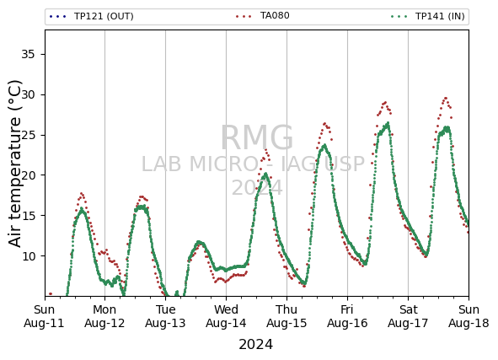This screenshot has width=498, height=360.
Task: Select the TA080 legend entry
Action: pyautogui.click(x=263, y=15)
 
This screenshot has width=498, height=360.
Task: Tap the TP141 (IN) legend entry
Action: pyautogui.click(x=428, y=16)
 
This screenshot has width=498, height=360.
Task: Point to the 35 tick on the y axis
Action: pyautogui.click(x=28, y=54)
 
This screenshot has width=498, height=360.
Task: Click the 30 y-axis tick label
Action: pyautogui.click(x=28, y=94)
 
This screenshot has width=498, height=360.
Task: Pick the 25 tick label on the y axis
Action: pyautogui.click(x=28, y=135)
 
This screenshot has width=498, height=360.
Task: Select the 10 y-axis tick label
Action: pyautogui.click(x=28, y=255)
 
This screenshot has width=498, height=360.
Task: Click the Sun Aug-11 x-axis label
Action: pyautogui.click(x=44, y=316)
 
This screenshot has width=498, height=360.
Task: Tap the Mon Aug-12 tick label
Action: pyautogui.click(x=104, y=316)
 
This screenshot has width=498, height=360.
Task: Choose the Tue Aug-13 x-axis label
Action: pyautogui.click(x=165, y=316)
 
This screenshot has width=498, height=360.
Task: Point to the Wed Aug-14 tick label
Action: pyautogui.click(x=226, y=316)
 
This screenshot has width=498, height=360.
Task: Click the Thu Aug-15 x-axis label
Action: pyautogui.click(x=286, y=316)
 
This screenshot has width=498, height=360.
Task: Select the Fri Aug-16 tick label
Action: pyautogui.click(x=347, y=316)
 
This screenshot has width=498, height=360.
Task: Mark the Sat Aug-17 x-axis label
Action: pyautogui.click(x=408, y=316)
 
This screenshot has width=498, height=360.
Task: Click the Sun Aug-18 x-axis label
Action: pyautogui.click(x=469, y=316)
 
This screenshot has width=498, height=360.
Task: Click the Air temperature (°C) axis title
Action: pyautogui.click(x=15, y=164)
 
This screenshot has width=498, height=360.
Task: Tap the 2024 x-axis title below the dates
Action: pyautogui.click(x=255, y=345)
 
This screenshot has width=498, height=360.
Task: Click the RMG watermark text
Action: pyautogui.click(x=257, y=137)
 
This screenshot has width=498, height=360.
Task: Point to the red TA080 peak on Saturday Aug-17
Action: pyautogui.click(x=445, y=99)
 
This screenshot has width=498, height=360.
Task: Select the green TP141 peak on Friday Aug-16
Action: pyautogui.click(x=388, y=123)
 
